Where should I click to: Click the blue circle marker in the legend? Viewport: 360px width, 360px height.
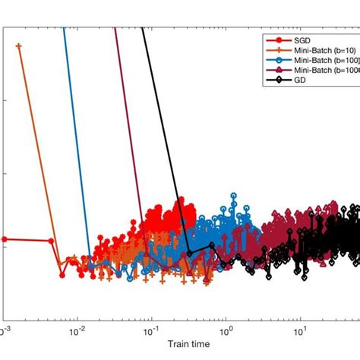point(274,58)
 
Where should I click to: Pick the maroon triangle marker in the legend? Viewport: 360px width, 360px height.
point(274,69)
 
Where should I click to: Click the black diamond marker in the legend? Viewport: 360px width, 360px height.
point(274,79)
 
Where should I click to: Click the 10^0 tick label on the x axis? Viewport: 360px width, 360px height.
point(225,331)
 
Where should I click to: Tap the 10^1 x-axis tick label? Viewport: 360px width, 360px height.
point(299,331)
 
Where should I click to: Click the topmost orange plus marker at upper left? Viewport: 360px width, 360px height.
point(18,46)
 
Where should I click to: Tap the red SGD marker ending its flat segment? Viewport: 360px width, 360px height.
point(51,241)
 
